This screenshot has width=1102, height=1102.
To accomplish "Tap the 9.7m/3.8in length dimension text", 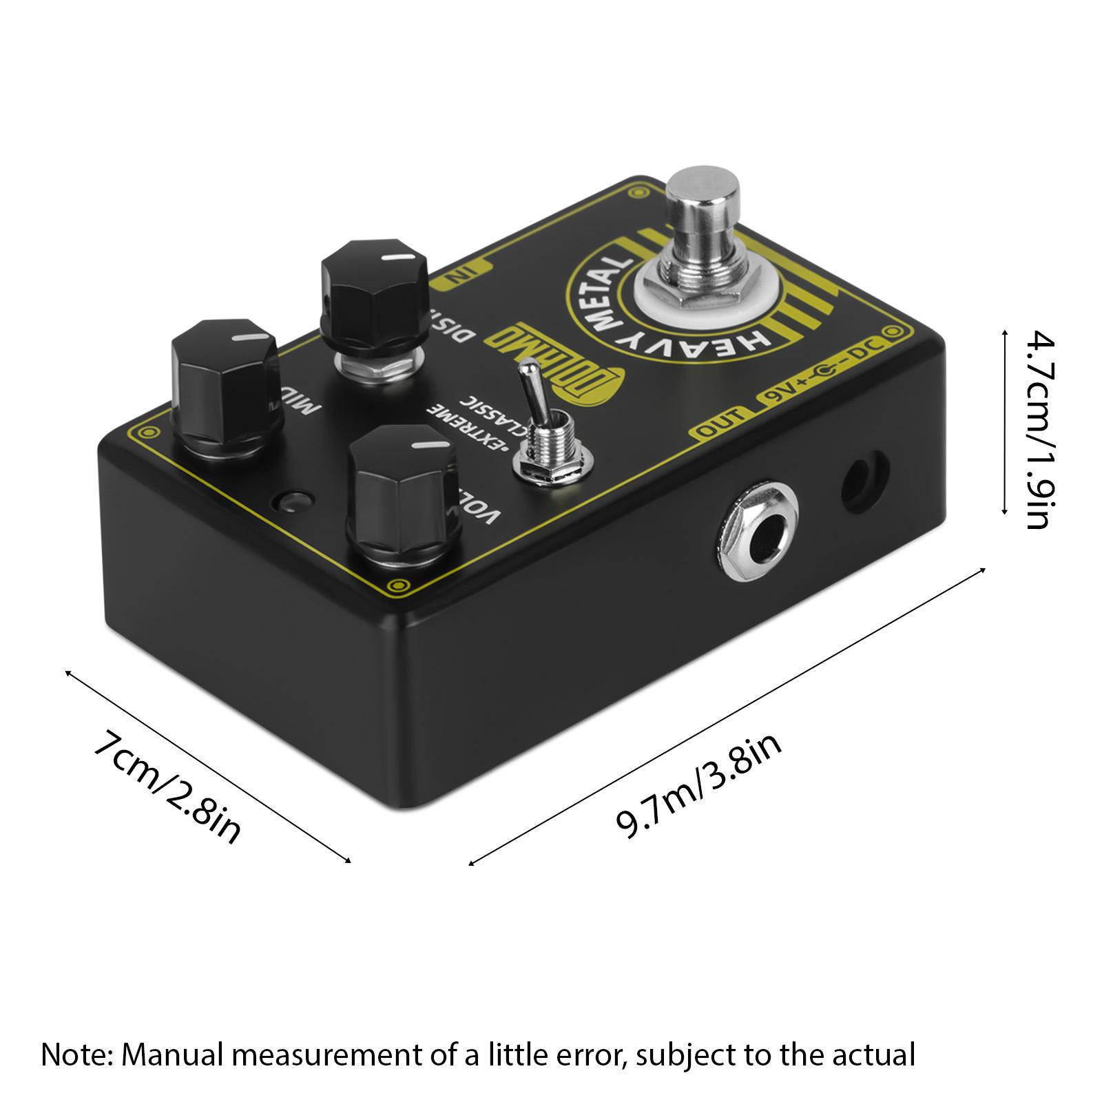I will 700,784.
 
